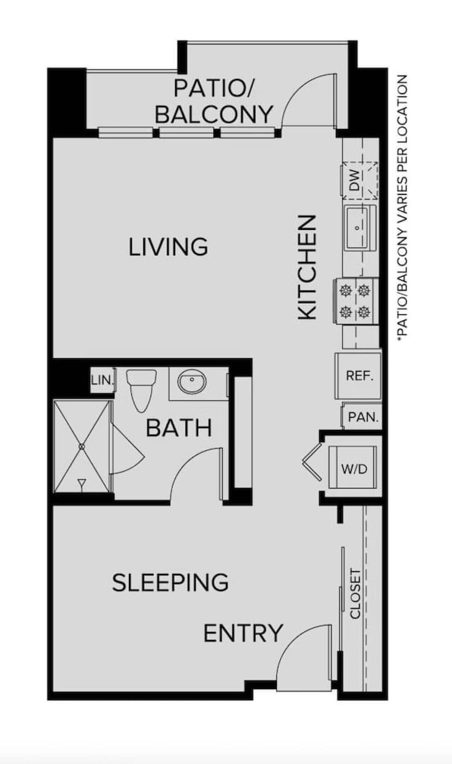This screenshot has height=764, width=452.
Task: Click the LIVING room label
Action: [168, 247]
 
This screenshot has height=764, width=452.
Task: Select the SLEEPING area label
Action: [170, 583]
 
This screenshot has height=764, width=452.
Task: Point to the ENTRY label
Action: [243, 634]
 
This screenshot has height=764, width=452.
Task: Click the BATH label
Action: [179, 428]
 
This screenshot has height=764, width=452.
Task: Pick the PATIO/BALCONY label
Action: [214, 102]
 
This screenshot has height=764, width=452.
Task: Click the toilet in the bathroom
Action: [142, 389]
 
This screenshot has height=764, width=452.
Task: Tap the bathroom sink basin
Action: [192, 381]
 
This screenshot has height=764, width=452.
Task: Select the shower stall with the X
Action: [82, 446]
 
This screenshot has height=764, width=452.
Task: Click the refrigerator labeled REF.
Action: [359, 376]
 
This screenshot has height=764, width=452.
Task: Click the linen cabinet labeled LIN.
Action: [102, 380]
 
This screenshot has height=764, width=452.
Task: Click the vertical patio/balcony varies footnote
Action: [402, 207]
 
